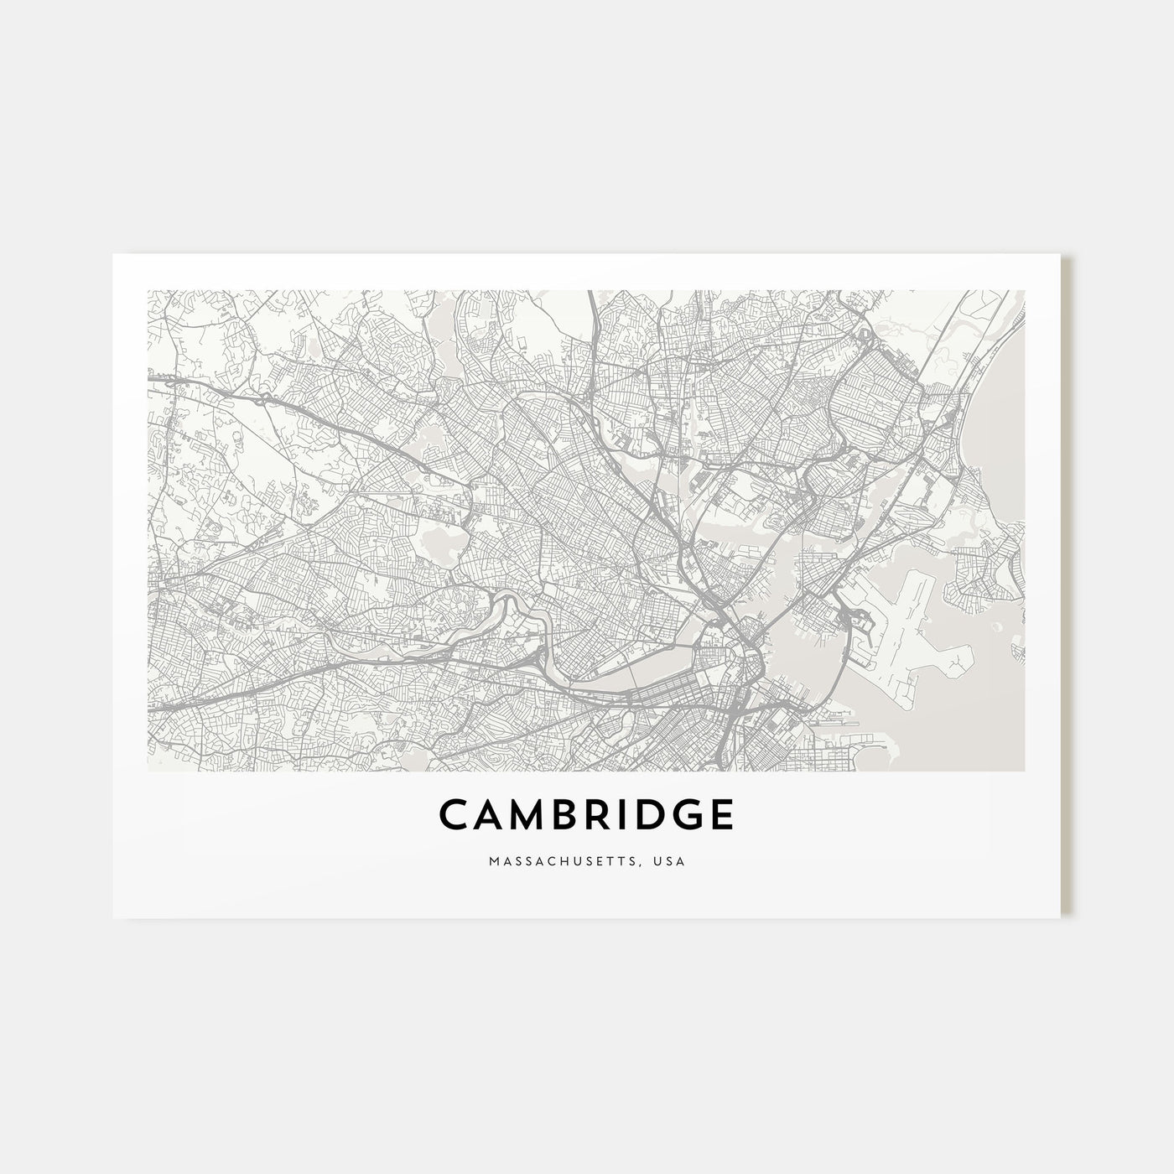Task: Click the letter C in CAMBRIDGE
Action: pos(455,814)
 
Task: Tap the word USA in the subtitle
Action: pos(672,861)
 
